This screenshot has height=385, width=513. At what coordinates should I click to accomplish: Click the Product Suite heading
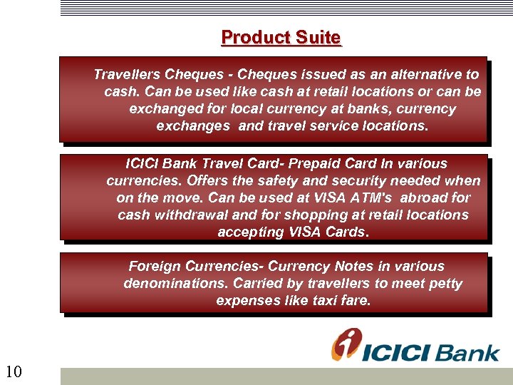281,37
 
